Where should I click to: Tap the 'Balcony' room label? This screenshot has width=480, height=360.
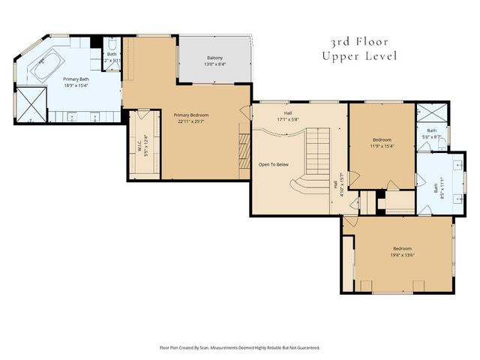pyautogui.click(x=214, y=58)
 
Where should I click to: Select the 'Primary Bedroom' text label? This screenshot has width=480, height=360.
pyautogui.click(x=191, y=115)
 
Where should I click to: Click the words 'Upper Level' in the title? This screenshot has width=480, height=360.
pyautogui.click(x=359, y=56)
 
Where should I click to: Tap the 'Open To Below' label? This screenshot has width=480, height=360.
pyautogui.click(x=274, y=163)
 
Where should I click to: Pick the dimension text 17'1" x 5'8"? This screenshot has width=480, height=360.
pyautogui.click(x=287, y=119)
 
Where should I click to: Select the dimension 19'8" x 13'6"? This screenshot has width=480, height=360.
pyautogui.click(x=402, y=255)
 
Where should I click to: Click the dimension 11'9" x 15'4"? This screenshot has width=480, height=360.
pyautogui.click(x=382, y=146)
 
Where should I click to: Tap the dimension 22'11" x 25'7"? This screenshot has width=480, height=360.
pyautogui.click(x=191, y=121)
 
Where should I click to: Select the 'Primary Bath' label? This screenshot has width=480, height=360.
pyautogui.click(x=76, y=79)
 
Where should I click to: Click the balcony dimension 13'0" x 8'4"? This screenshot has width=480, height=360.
pyautogui.click(x=214, y=64)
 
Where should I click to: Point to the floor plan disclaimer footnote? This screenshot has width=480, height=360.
pyautogui.click(x=240, y=347)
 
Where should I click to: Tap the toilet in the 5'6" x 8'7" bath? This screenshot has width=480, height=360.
pyautogui.click(x=445, y=141)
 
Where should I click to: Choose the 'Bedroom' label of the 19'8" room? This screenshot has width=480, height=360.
pyautogui.click(x=402, y=248)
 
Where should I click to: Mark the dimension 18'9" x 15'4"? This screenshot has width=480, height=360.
pyautogui.click(x=76, y=85)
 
